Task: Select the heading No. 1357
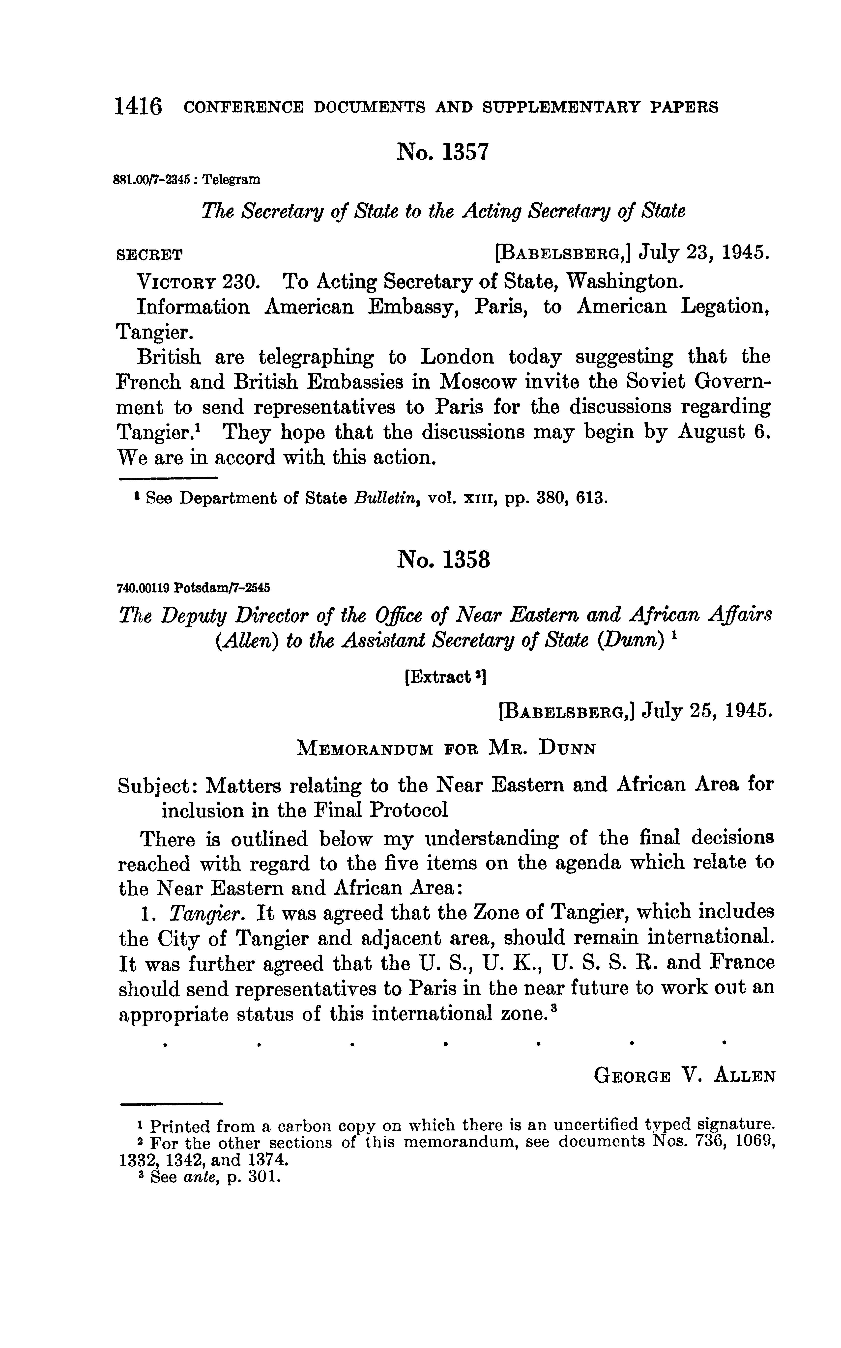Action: pyautogui.click(x=442, y=152)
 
